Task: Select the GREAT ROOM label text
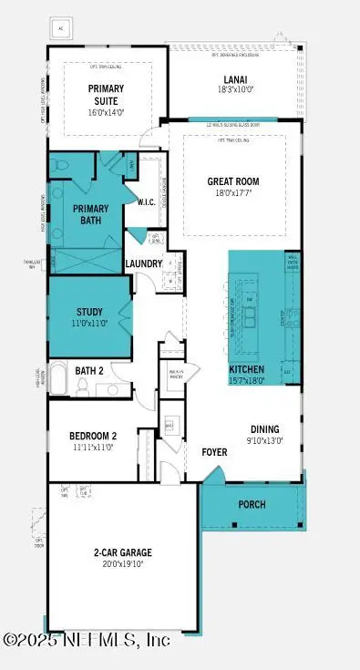pos(233,180)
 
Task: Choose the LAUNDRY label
pos(144,264)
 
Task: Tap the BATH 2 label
pos(89,370)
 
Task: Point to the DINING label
pos(265,428)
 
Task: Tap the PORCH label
pos(252,504)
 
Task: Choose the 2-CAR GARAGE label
pos(121,552)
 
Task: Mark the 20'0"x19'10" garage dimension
pos(121,564)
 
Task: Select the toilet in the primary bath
pos(59,166)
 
